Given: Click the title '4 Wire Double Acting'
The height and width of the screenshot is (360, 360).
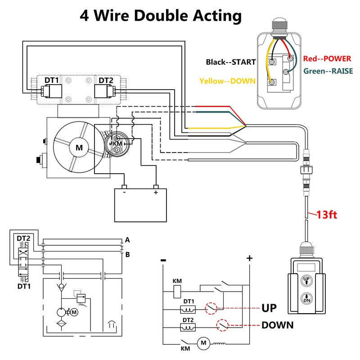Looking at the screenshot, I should pos(161,16).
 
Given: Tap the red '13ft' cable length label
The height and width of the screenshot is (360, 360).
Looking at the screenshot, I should pos(327,214).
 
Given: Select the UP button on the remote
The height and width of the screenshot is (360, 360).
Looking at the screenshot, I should pos(306,280).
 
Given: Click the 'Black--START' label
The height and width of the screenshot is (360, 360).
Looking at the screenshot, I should pos(231,62).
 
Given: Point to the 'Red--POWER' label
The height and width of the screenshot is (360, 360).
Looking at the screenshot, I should pos(327,58).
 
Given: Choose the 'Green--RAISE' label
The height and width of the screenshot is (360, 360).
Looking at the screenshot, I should pos(328,71).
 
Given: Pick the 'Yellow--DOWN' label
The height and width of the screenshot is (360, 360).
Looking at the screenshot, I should pos(227,81).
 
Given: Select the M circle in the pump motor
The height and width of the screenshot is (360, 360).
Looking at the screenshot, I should pos(79,148).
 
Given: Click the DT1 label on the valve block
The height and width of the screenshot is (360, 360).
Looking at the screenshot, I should pos(51,80).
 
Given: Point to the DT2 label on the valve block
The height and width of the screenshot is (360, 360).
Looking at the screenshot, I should pos(106,80).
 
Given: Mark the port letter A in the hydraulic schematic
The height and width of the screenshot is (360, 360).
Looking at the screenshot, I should pos(127,239).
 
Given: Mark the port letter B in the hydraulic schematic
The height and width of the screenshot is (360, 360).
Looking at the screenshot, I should pos(127,255).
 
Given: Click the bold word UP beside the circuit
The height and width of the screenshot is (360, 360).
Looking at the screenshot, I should pos(269,309).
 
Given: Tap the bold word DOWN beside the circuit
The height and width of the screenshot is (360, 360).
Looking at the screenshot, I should pos(278,325).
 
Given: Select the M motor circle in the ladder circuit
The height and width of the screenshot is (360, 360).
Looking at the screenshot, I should pos(203,344).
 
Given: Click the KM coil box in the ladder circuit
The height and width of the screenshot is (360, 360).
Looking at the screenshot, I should pos(177,291).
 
